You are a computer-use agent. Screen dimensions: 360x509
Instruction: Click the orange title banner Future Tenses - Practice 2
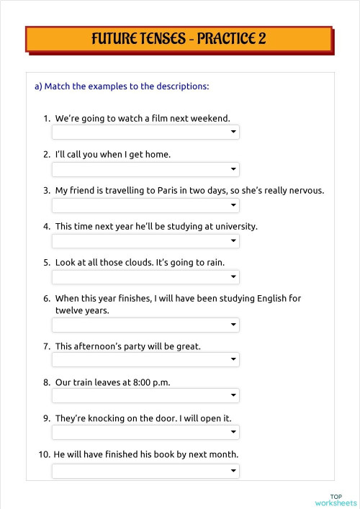[179, 39]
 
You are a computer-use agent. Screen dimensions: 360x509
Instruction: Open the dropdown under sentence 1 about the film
[145, 132]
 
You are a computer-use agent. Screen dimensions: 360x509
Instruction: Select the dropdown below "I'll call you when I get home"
[145, 169]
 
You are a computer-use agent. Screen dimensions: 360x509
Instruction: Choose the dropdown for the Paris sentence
[145, 205]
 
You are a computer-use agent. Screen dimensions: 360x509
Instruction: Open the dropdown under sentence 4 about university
[145, 241]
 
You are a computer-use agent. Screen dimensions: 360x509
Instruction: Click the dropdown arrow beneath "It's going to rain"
[233, 277]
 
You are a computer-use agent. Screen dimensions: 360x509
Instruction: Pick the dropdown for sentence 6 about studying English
[145, 325]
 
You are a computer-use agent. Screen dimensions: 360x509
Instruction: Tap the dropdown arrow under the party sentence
[233, 360]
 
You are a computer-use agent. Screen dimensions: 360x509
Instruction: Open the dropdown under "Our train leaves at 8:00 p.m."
[145, 396]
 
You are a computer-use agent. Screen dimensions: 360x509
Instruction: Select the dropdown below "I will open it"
[145, 432]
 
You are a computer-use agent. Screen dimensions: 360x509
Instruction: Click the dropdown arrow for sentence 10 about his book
[233, 471]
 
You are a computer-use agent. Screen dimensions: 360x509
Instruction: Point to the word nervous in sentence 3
[306, 191]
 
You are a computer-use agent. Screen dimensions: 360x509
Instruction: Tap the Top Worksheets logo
[335, 500]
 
